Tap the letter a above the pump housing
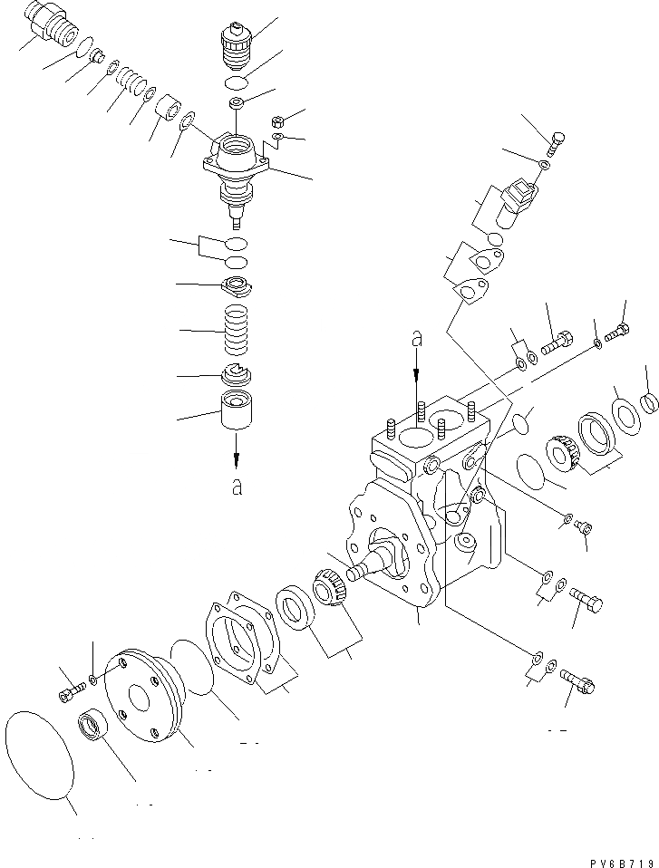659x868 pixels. [x=417, y=339]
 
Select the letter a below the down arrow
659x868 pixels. [x=237, y=487]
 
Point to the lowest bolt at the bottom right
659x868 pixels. [x=576, y=677]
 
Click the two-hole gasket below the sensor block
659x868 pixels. [x=470, y=290]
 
